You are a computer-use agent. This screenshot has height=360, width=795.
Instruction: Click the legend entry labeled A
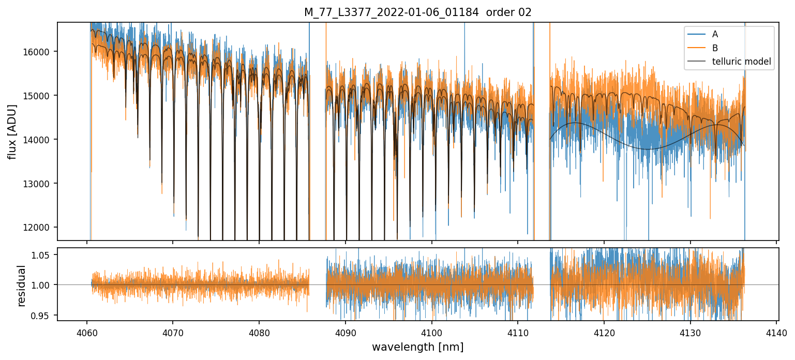[715, 34]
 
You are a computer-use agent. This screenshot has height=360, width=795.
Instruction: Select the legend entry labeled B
[715, 48]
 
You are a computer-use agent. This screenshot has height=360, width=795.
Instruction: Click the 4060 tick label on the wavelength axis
[86, 333]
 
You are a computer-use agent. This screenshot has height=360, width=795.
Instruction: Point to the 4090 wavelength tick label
[345, 333]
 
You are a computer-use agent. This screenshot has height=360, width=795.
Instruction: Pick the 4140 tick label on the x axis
[776, 333]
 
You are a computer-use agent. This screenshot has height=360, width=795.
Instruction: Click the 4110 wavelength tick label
[518, 333]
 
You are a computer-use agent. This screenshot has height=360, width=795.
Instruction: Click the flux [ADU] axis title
[12, 131]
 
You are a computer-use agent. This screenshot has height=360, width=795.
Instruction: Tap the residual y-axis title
[21, 285]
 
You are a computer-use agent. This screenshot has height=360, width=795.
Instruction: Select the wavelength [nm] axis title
[417, 347]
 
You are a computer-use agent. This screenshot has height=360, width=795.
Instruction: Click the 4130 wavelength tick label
[690, 333]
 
